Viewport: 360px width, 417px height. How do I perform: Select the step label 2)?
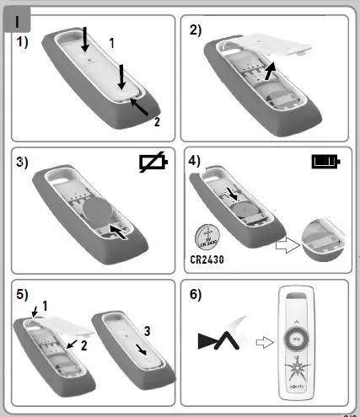coord(196,30)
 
